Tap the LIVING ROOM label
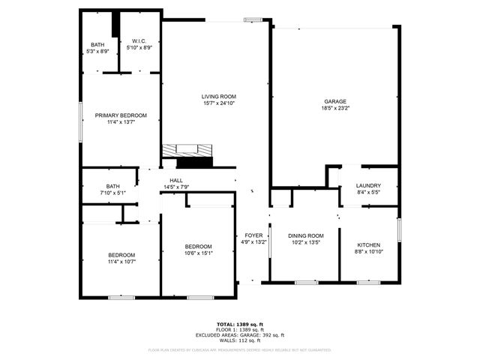tap(218, 96)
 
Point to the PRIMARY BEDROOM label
tap(121, 115)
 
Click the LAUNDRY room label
tap(368, 186)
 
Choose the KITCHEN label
tap(368, 245)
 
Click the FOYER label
tap(253, 235)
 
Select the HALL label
tap(176, 181)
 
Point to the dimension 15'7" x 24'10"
tap(218, 103)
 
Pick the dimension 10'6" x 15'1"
tap(199, 253)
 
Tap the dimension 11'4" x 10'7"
tap(121, 262)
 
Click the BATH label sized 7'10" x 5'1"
tap(112, 186)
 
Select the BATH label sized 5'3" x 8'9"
tap(97, 45)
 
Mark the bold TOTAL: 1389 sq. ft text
tap(240, 323)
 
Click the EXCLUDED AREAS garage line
tap(240, 335)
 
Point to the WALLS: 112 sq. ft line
tap(240, 340)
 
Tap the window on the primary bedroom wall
tap(82, 119)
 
